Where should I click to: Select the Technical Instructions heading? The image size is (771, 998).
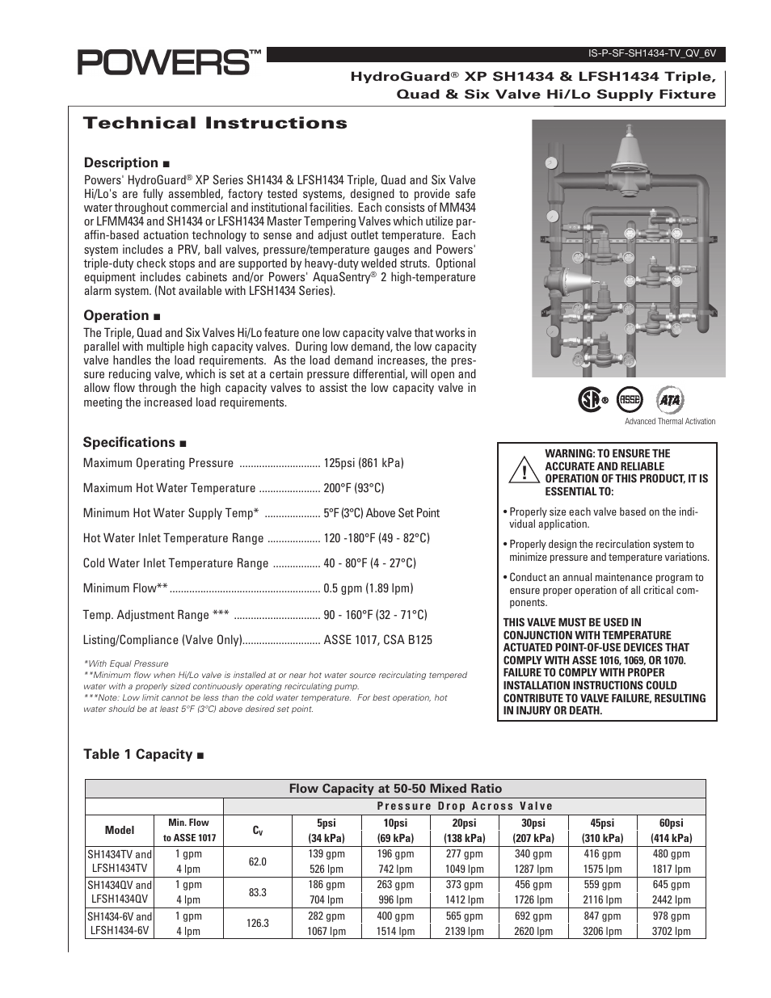[x=215, y=124]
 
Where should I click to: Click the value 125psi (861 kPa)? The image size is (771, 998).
[x=364, y=463]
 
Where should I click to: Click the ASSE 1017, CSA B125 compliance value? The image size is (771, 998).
[x=377, y=640]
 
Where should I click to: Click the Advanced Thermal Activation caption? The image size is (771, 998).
[x=670, y=421]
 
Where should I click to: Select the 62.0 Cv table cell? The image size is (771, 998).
[x=258, y=861]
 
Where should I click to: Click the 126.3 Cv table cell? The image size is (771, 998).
[x=258, y=923]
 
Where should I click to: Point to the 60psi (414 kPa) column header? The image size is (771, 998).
[x=671, y=831]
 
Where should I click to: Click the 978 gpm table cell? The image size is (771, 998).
[x=671, y=916]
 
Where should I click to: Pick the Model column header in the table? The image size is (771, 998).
[x=120, y=830]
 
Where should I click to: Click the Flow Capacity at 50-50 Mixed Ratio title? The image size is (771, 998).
[x=395, y=789]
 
